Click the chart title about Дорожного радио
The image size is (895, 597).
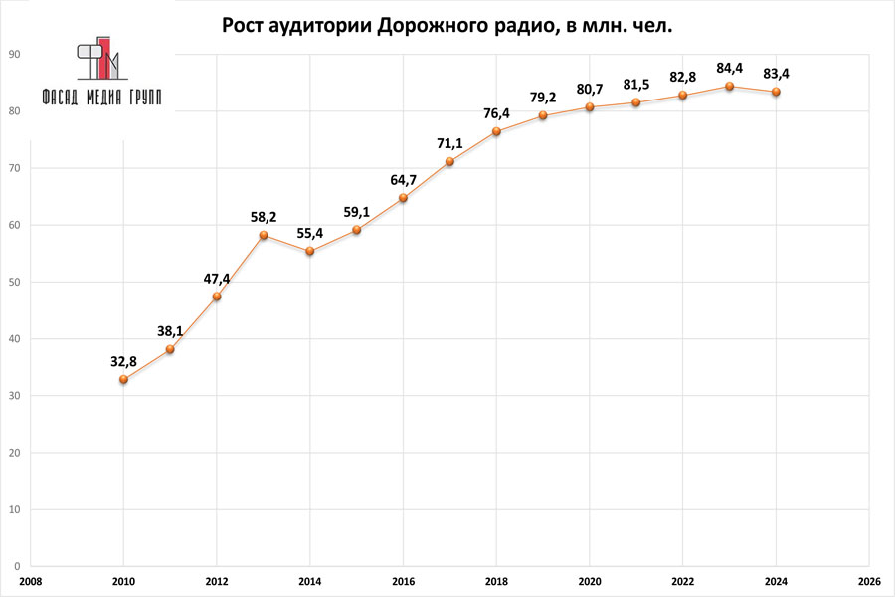click(x=447, y=26)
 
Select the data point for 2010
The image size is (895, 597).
click(x=123, y=379)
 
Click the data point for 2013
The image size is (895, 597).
click(x=264, y=235)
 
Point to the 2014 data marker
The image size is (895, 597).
click(x=310, y=251)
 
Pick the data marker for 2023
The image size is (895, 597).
click(x=729, y=86)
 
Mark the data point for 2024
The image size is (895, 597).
click(x=776, y=92)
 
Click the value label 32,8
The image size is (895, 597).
click(x=123, y=361)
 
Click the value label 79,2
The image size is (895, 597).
click(x=543, y=98)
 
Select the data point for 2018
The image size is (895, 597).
click(x=496, y=131)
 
